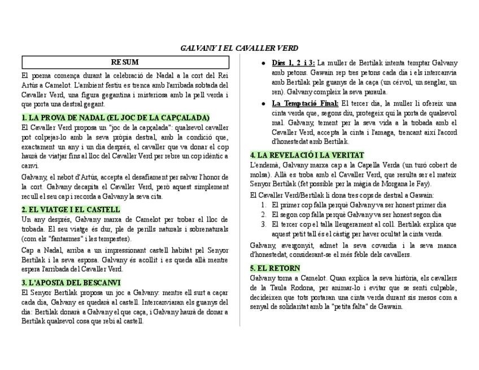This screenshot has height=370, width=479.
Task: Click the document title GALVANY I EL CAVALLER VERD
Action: point(239,48)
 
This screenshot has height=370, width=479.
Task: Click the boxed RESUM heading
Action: point(125,62)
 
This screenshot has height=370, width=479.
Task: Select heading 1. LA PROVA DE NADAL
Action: point(115,117)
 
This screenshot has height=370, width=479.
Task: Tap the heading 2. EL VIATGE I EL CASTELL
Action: point(71,209)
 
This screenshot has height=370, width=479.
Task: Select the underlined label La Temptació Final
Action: point(305,103)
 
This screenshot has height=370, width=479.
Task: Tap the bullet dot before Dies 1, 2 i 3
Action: point(264,63)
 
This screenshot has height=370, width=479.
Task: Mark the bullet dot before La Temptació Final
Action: point(264,104)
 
